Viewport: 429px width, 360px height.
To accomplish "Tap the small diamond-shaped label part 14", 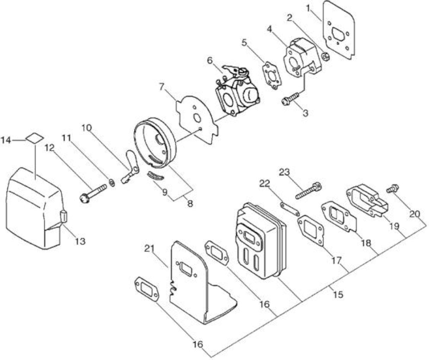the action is point(35,138).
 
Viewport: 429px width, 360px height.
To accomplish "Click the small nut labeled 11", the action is point(112,182).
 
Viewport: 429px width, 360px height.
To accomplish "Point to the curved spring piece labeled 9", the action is point(155,176).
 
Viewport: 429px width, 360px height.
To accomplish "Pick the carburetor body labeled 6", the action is point(238,90).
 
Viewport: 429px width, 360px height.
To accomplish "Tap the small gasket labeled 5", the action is point(273,76).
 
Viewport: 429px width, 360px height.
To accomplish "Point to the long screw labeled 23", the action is point(309,190).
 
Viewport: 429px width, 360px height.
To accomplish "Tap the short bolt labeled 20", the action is point(392,188).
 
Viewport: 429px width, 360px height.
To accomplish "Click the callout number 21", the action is point(149,249).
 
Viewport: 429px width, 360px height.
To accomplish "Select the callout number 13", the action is point(80,242).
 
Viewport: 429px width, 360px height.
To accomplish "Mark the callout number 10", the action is point(87,128).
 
